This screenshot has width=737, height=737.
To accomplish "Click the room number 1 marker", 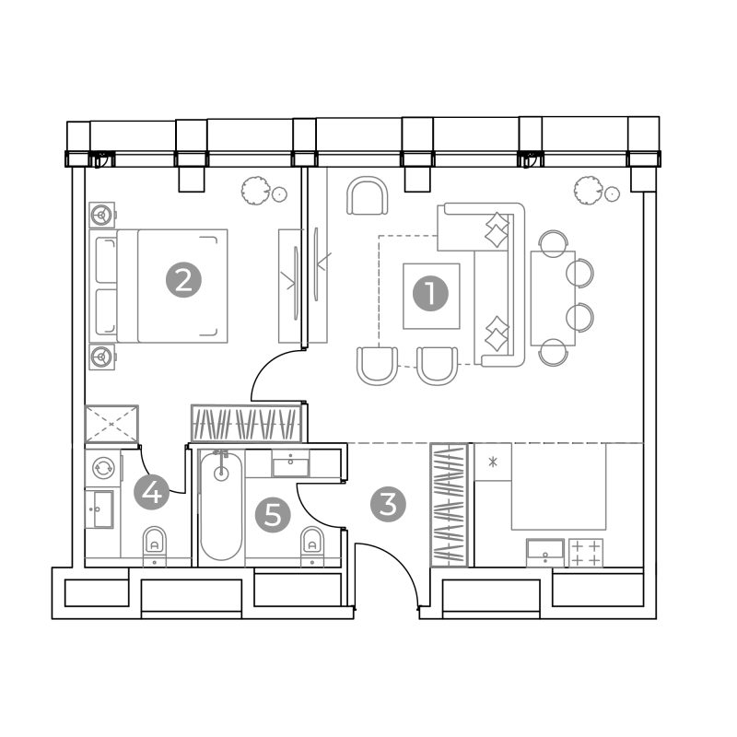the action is [x=430, y=294].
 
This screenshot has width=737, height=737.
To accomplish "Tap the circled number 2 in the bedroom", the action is [x=183, y=281].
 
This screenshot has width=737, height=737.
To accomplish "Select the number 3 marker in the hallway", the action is [x=388, y=504].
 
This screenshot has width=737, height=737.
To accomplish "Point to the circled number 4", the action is [x=151, y=493].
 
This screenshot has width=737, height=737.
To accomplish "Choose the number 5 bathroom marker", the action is [x=273, y=515].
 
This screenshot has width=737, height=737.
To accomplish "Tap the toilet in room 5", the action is [x=312, y=545].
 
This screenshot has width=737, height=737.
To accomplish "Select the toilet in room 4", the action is [x=154, y=545].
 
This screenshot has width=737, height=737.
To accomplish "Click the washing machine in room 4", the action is [x=103, y=468].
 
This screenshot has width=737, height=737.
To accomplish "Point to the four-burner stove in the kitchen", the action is [x=586, y=552].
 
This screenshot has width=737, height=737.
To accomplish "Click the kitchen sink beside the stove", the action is [x=545, y=552].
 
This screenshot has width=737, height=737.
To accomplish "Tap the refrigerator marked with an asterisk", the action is [x=493, y=462].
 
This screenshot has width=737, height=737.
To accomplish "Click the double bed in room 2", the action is [x=158, y=286].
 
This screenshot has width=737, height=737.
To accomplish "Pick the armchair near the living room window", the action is [x=368, y=195].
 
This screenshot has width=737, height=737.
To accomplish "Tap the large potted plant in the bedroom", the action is [x=256, y=191].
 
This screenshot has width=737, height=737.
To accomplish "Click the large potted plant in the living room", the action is [x=589, y=191].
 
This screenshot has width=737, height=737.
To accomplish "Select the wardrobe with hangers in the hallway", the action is [x=450, y=505].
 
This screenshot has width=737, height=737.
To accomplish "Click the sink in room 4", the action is [x=99, y=509].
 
